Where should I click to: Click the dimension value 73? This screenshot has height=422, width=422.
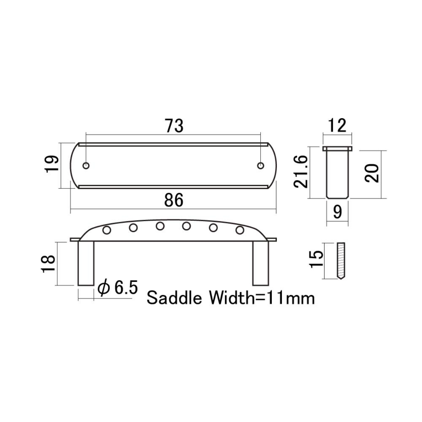click(174, 126)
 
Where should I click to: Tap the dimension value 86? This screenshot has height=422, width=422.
click(174, 200)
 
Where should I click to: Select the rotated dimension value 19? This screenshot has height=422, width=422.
click(52, 164)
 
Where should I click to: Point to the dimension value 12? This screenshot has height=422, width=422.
click(337, 126)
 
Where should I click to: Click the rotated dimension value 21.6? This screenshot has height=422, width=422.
click(300, 172)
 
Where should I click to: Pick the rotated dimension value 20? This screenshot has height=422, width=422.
click(372, 173)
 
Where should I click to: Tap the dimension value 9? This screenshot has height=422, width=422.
click(338, 212)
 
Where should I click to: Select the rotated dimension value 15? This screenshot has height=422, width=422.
click(316, 259)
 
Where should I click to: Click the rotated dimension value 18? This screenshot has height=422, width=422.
click(48, 264)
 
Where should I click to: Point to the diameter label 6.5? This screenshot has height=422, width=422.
click(118, 288)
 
